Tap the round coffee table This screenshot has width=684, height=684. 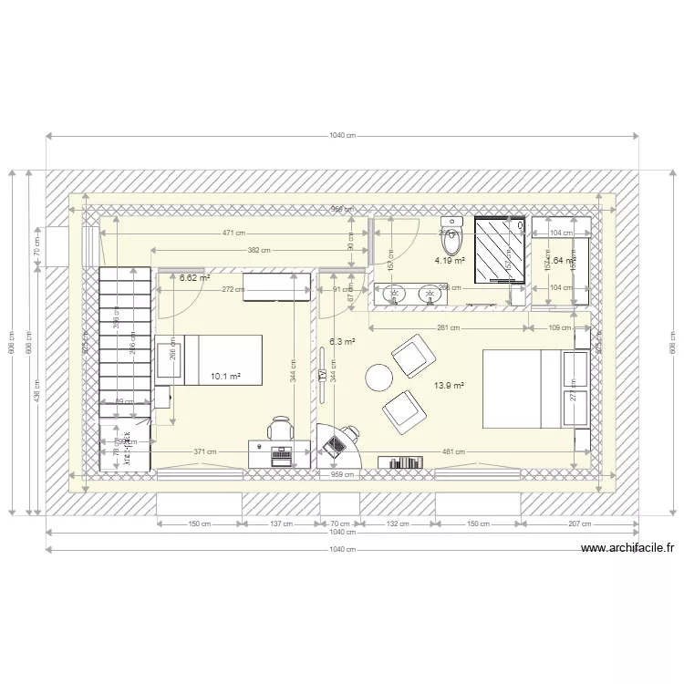[x=378, y=376]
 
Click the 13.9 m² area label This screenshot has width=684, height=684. [x=450, y=386]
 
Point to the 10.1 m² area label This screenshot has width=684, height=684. [x=225, y=376]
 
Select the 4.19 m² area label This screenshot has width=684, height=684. [x=450, y=260]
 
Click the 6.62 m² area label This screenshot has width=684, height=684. [x=194, y=277]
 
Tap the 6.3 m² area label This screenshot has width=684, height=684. [x=342, y=342]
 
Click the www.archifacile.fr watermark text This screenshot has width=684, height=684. [x=627, y=548]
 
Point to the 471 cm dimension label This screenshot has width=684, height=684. [x=233, y=233]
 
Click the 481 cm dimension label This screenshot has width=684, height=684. [x=454, y=451]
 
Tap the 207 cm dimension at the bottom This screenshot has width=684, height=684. [x=579, y=524]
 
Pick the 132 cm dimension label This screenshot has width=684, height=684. [x=399, y=524]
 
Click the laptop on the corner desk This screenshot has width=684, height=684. [x=336, y=444]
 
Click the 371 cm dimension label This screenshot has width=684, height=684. [x=205, y=451]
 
